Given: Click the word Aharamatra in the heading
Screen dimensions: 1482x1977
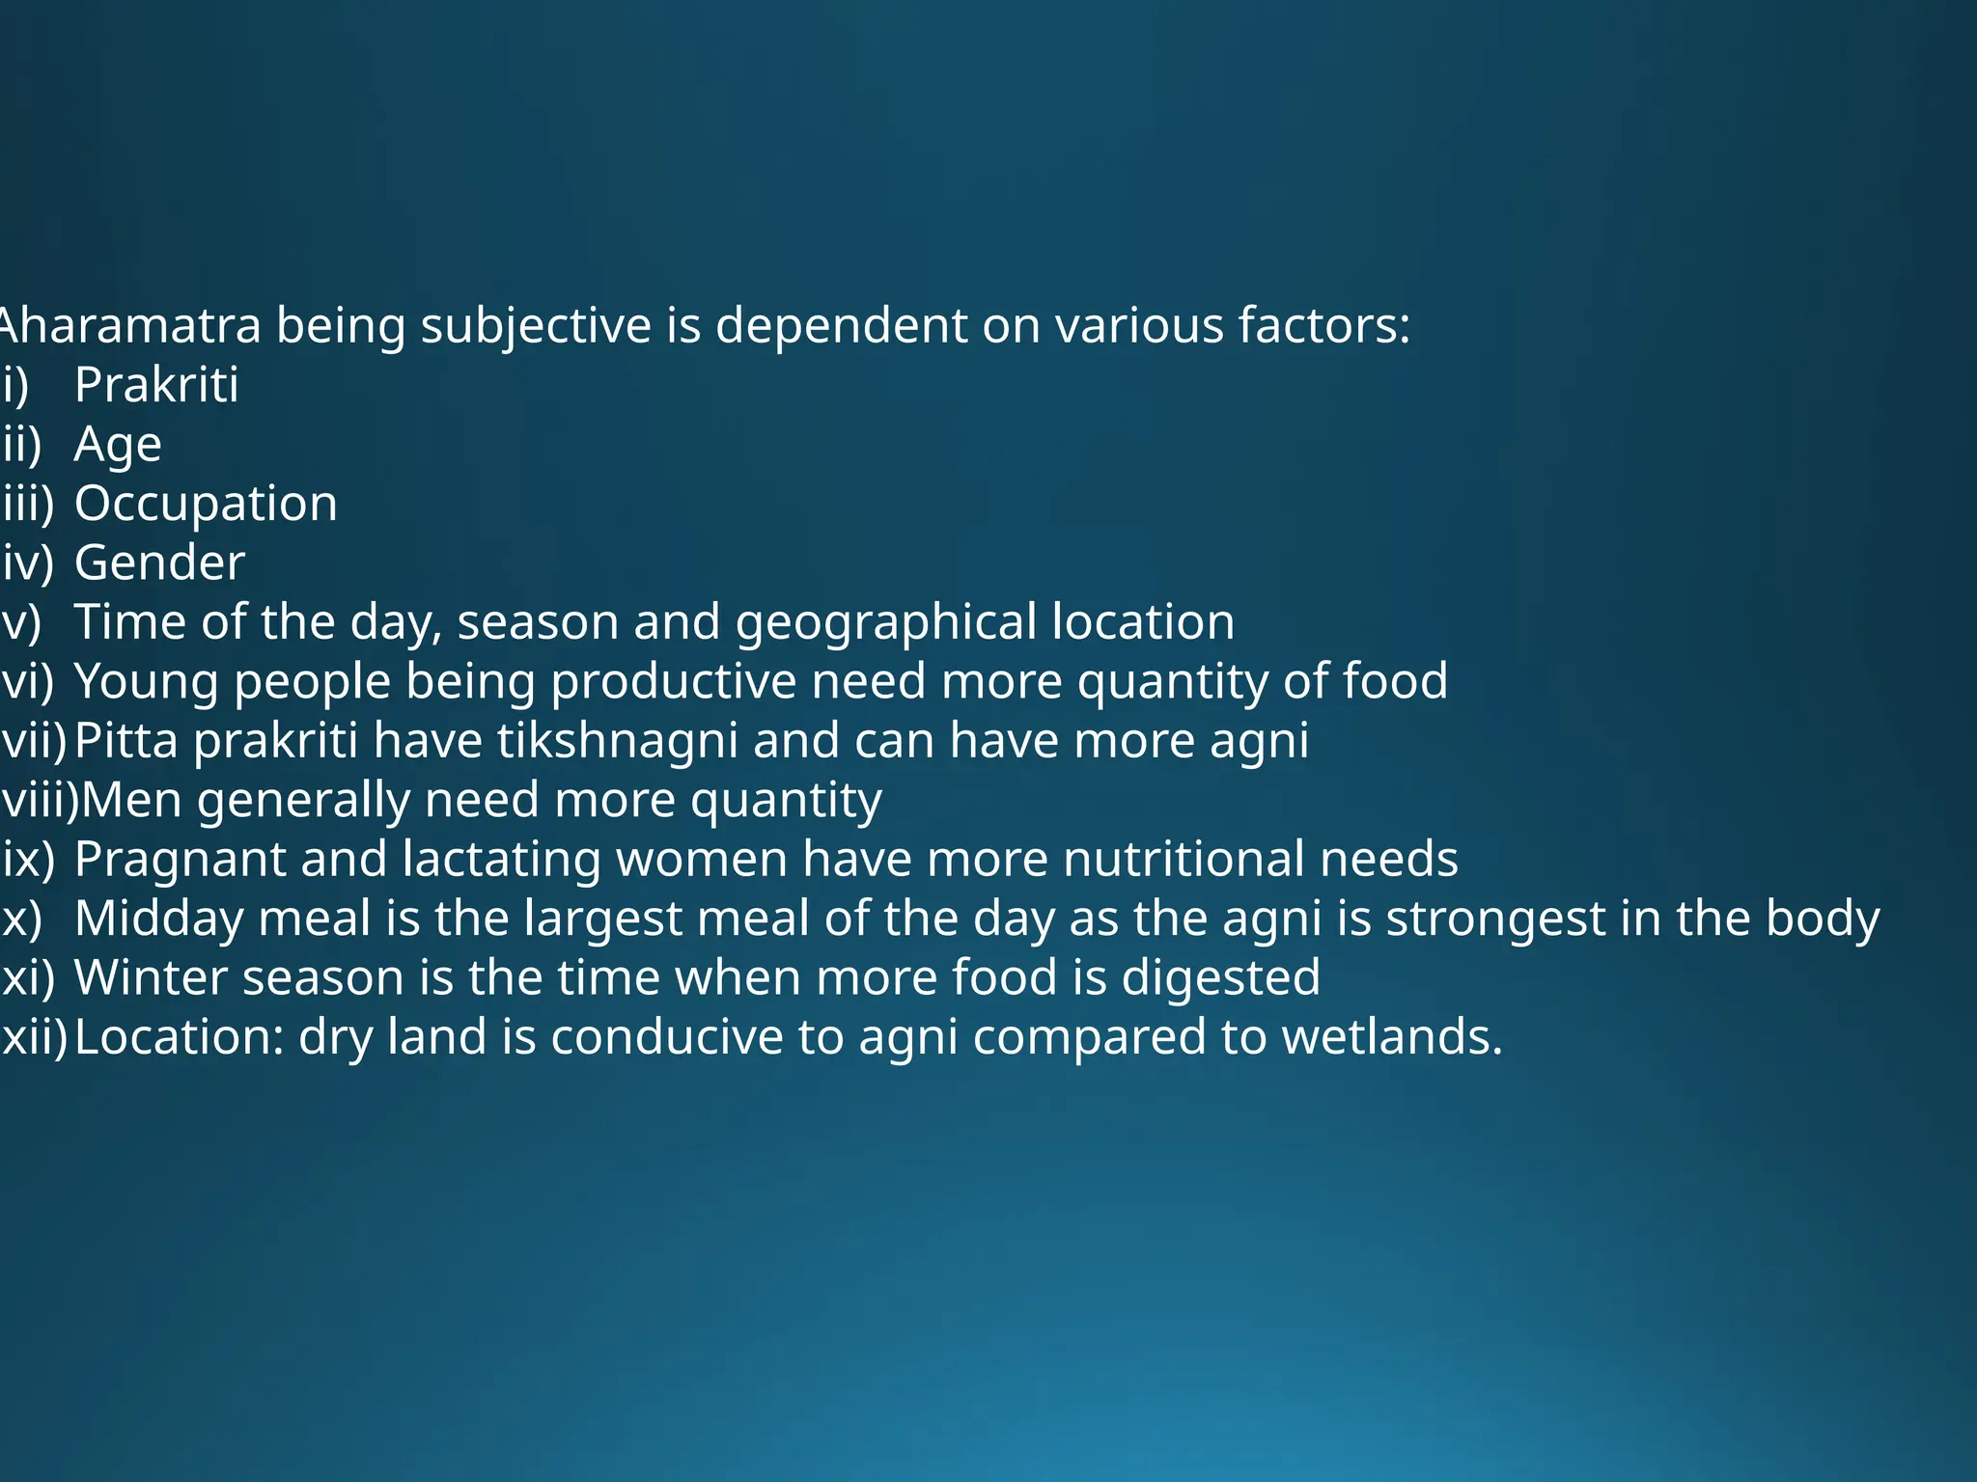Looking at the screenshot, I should [x=130, y=325].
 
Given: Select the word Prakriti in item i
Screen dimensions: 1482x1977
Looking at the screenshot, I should [x=156, y=385].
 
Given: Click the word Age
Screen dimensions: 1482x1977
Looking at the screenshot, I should [x=118, y=445].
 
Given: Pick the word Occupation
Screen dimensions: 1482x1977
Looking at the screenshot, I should [x=206, y=504].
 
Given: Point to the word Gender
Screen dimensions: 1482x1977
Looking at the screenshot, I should [x=159, y=563].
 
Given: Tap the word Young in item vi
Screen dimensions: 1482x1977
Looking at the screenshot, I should [x=147, y=681].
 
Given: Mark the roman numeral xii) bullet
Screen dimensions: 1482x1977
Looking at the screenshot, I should [x=35, y=1037].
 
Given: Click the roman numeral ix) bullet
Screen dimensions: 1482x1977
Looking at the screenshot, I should [x=28, y=859].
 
